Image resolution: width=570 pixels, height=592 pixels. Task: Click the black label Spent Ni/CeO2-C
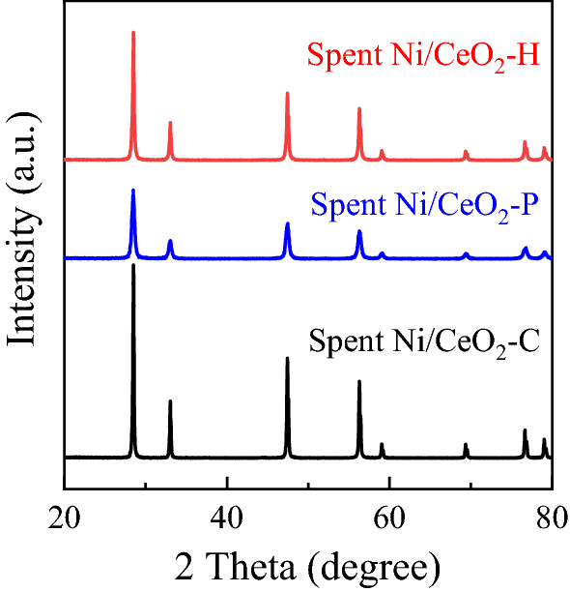(x=424, y=343)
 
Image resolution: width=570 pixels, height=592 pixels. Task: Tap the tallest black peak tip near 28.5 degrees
(x=133, y=264)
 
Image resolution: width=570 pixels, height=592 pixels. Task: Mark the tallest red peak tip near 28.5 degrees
(x=133, y=32)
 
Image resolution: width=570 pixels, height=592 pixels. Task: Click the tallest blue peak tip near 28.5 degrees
(x=133, y=190)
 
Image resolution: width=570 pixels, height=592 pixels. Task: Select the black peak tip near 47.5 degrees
(x=287, y=358)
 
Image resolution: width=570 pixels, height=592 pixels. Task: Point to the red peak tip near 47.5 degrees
(x=287, y=93)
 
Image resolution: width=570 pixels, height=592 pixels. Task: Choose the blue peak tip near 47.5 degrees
(x=287, y=223)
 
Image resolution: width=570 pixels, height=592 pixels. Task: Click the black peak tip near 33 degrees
(x=170, y=400)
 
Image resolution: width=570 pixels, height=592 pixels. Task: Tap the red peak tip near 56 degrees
(x=359, y=108)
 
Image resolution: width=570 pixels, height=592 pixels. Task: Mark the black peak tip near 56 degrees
(x=359, y=381)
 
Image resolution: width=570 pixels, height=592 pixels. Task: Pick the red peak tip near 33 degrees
(x=170, y=122)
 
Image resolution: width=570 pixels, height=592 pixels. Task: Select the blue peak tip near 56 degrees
(x=359, y=231)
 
